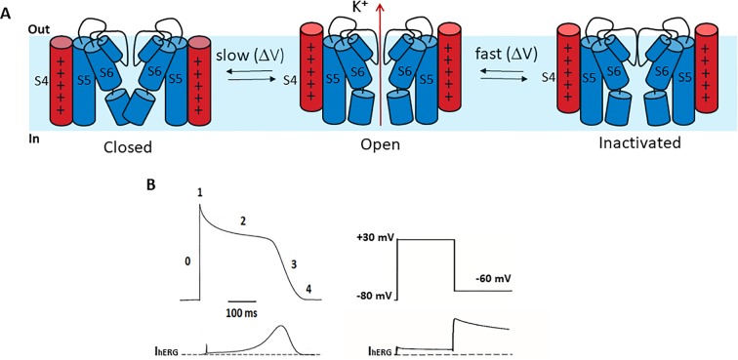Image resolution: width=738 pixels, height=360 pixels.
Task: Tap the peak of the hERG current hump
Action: click(x=281, y=327)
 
